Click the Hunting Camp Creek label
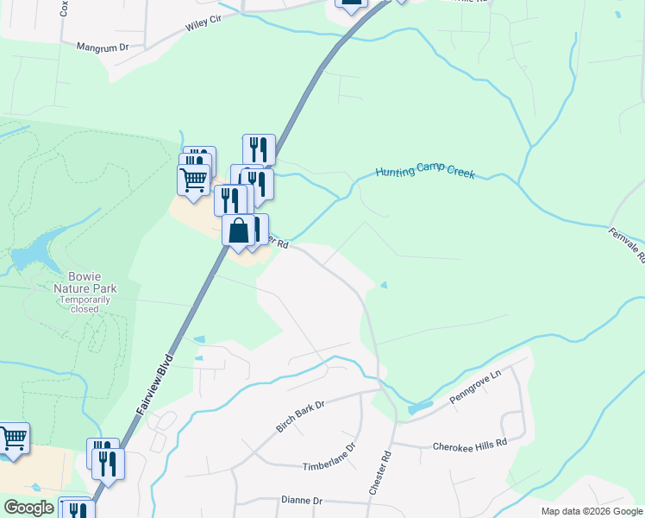426,172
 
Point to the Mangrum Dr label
102,47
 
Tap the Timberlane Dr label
329,458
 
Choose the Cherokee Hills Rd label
469,444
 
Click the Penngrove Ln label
474,390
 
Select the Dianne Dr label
301,500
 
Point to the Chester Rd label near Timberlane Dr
380,472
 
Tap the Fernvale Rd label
626,245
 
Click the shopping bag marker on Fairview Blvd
239,231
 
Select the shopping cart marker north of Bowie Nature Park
194,179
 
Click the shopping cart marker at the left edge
13,438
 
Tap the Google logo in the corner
29,508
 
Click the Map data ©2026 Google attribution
591,511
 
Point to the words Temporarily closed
85,303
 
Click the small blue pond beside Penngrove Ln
420,405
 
